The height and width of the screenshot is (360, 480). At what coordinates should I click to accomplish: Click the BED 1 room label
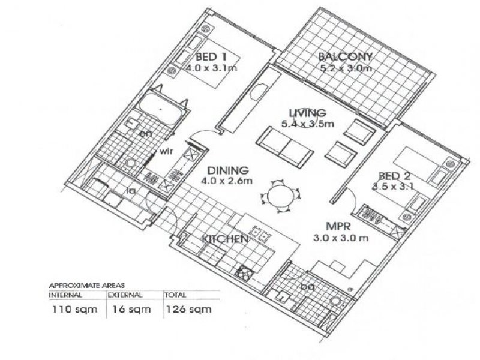211,57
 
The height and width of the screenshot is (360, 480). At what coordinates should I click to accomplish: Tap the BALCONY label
345,56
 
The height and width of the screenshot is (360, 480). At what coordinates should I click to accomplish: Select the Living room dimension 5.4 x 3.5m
307,124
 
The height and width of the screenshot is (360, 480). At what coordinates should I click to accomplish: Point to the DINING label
228,170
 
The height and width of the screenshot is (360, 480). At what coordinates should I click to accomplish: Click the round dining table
280,196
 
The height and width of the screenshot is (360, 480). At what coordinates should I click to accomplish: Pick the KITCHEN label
225,239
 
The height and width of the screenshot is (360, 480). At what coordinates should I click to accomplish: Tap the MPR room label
338,227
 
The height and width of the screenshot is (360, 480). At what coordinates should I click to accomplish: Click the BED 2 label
395,176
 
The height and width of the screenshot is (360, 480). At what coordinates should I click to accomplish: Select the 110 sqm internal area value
74,309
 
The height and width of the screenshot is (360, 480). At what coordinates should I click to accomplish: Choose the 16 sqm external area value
131,309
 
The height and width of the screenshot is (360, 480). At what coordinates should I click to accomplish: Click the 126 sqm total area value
188,309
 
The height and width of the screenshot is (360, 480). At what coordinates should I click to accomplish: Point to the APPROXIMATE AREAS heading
87,286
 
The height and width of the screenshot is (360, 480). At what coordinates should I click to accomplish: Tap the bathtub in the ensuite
161,109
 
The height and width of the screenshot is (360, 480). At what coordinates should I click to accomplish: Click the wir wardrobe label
167,151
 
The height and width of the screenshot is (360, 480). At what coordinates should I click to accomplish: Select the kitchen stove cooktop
245,272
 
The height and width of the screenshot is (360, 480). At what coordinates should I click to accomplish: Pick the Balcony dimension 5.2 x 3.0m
346,68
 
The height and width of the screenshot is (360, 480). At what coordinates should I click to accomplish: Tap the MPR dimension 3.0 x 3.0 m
341,238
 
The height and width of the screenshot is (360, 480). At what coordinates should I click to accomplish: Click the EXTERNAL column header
125,295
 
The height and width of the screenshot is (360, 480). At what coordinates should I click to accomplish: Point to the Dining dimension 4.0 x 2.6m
227,181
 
